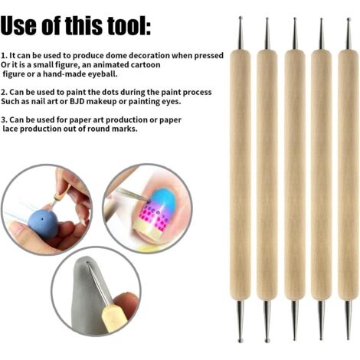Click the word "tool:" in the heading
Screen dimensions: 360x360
click(129, 25)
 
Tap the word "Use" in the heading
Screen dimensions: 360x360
click(18, 26)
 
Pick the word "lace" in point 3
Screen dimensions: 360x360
click(10, 129)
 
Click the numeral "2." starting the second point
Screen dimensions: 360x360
click(4, 92)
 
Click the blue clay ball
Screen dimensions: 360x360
click(44, 223)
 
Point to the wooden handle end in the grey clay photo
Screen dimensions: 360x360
click(110, 317)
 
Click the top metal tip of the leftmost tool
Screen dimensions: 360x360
click(240, 33)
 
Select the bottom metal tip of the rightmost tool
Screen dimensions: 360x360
click(349, 319)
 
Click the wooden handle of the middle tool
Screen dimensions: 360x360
click(295, 175)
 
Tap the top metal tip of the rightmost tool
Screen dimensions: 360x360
click(349, 34)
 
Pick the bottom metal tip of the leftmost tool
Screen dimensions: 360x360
click(240, 321)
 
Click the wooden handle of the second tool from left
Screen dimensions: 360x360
click(267, 175)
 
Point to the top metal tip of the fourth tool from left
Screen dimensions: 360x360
click(321, 34)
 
